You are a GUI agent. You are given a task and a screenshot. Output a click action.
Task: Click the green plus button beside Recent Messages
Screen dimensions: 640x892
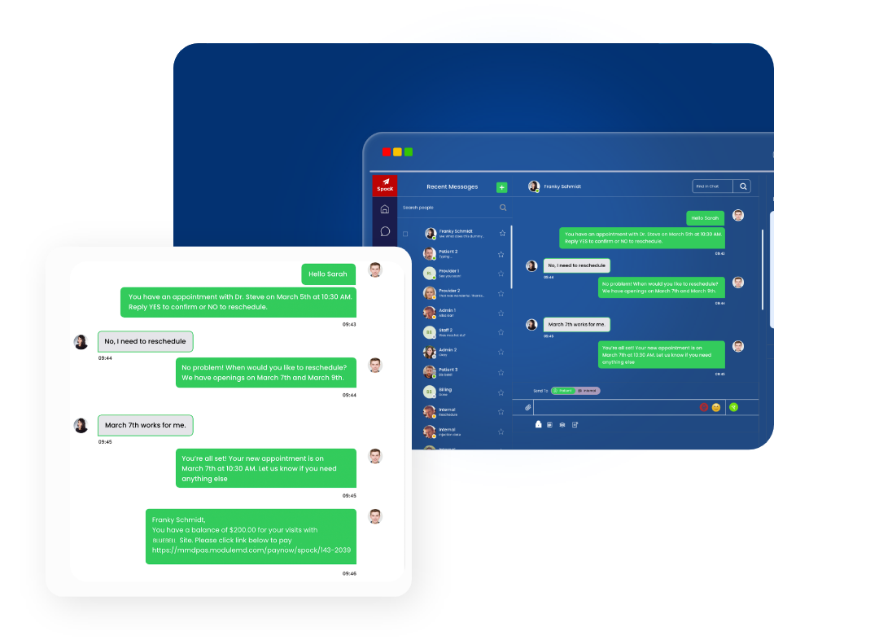coord(501,187)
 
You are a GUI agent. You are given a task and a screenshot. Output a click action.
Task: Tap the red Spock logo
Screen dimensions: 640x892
coord(385,186)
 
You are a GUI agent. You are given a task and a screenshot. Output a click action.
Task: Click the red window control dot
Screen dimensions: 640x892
coord(386,152)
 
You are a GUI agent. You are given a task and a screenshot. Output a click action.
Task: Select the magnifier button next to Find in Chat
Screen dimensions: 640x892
coord(742,186)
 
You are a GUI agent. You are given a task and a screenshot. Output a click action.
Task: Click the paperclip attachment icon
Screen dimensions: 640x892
coord(527,407)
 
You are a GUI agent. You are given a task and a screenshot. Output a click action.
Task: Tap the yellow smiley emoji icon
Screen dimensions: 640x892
coord(716,407)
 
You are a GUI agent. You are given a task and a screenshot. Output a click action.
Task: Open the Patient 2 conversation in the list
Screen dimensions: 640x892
coord(448,253)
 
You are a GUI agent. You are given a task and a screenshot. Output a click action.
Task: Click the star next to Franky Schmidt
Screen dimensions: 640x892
coord(502,233)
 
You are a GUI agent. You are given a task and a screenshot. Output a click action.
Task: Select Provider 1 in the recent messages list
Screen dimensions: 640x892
coord(448,273)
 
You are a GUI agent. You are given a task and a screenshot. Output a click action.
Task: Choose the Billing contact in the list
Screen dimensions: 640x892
coord(445,392)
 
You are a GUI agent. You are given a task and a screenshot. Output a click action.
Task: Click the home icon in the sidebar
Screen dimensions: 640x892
coord(385,209)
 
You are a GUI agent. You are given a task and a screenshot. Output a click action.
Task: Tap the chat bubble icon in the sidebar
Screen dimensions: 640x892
coord(385,231)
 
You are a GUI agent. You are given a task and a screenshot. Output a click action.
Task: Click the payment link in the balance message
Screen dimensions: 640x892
coord(251,550)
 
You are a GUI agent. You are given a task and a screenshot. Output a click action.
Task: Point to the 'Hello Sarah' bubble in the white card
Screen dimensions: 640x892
coord(327,274)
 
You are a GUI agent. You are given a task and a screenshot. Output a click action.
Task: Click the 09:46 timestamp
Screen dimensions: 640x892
coord(349,573)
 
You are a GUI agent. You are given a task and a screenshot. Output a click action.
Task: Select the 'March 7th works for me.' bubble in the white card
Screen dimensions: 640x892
coord(146,425)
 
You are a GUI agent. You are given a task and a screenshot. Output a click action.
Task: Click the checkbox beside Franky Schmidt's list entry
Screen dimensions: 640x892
coord(405,234)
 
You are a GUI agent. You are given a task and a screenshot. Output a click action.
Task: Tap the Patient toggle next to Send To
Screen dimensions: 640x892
coord(563,391)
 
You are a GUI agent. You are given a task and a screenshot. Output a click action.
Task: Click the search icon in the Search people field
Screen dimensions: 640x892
coord(503,208)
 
